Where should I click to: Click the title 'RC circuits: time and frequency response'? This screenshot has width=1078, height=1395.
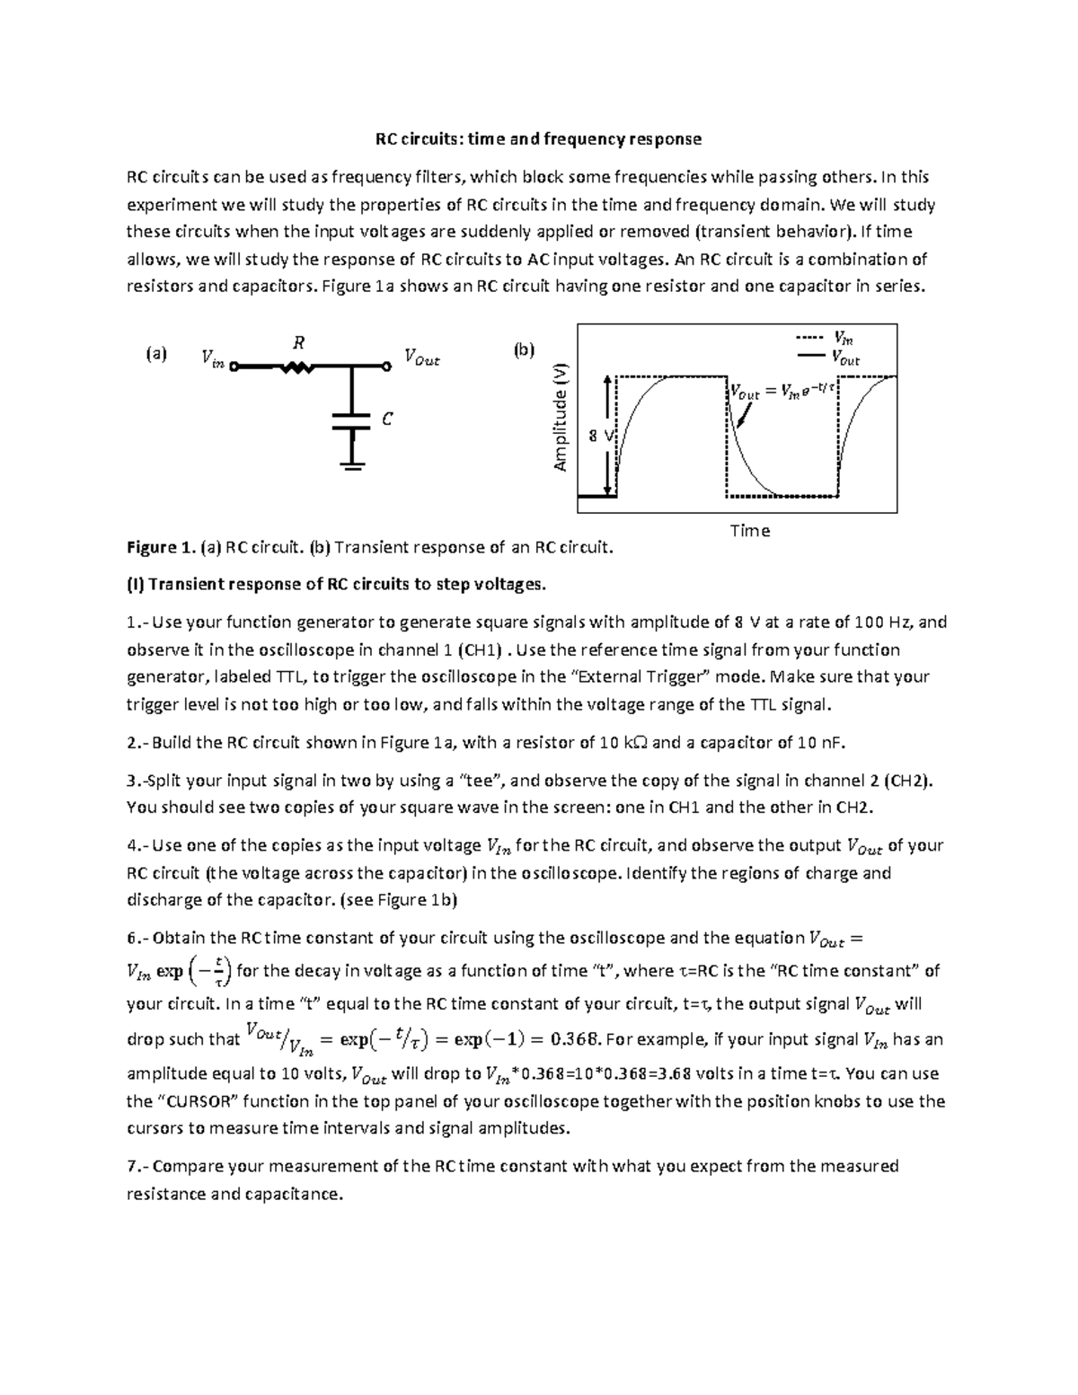[x=538, y=139]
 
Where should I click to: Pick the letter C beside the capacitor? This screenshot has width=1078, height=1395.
[x=387, y=419]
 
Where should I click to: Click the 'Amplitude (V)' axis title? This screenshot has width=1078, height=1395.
[x=561, y=418]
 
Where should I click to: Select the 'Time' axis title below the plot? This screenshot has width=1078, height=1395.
[x=749, y=531]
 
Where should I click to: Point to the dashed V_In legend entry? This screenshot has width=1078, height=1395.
[x=824, y=339]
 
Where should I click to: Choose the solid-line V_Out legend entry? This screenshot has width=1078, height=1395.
[x=824, y=358]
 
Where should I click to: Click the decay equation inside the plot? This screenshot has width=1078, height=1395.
[x=782, y=391]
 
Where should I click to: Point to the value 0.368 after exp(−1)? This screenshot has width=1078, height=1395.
[x=575, y=1040]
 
